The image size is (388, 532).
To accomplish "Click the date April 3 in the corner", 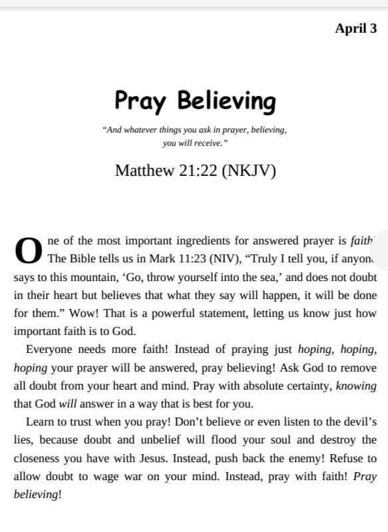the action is (x=355, y=29).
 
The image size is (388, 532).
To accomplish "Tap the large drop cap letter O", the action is (x=28, y=250).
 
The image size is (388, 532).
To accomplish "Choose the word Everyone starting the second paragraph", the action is (x=48, y=349).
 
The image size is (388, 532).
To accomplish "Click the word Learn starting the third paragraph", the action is (x=39, y=421).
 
